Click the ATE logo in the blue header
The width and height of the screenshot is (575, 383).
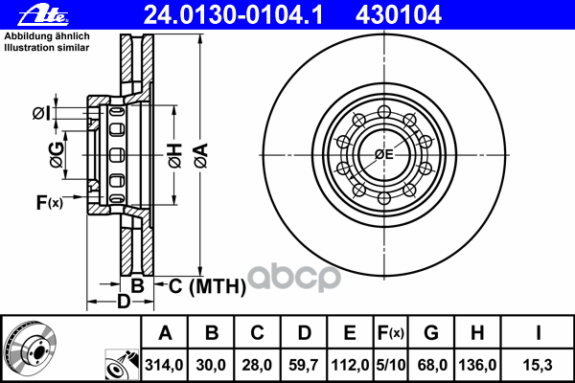pyautogui.click(x=43, y=15)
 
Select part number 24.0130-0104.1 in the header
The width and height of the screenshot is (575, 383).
pyautogui.click(x=233, y=15)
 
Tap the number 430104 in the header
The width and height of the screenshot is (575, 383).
pyautogui.click(x=399, y=15)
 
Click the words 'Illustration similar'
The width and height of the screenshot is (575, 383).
pyautogui.click(x=47, y=48)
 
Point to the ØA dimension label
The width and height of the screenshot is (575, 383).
pyautogui.click(x=201, y=156)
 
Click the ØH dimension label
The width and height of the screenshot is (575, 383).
pyautogui.click(x=175, y=156)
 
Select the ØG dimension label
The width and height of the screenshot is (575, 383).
pyautogui.click(x=57, y=155)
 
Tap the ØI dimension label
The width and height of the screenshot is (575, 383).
pyautogui.click(x=41, y=113)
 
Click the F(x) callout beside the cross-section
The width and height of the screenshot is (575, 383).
pyautogui.click(x=50, y=202)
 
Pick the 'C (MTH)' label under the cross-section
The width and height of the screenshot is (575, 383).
pyautogui.click(x=207, y=286)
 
